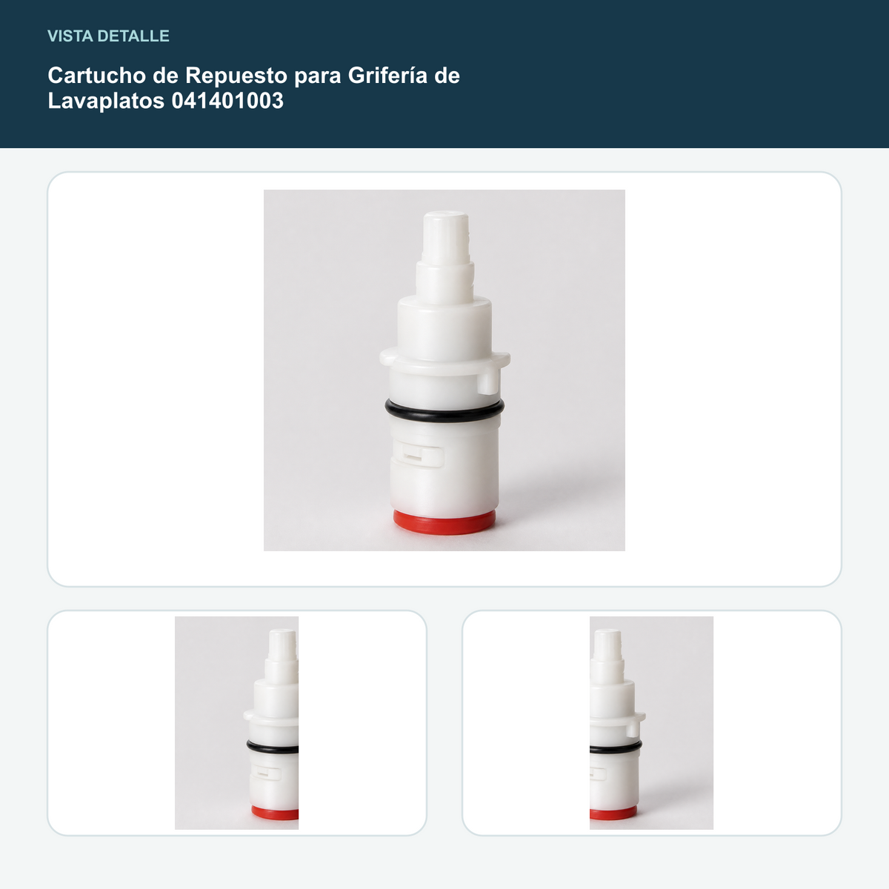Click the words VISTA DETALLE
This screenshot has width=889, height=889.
pyautogui.click(x=108, y=36)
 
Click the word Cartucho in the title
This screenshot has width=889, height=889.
pyautogui.click(x=97, y=76)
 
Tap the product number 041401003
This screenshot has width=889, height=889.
pyautogui.click(x=227, y=101)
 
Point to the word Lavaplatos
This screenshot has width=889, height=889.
pyautogui.click(x=106, y=101)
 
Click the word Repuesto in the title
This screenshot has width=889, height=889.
pyautogui.click(x=236, y=76)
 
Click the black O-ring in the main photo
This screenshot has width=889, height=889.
pyautogui.click(x=444, y=411)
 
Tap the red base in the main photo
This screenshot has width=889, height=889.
pyautogui.click(x=444, y=522)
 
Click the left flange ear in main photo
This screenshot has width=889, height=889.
pyautogui.click(x=387, y=358)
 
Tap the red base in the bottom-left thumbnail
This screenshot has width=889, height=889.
pyautogui.click(x=275, y=813)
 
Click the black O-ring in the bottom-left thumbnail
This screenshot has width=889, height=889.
pyautogui.click(x=272, y=748)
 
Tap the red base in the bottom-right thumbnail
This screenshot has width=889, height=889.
pyautogui.click(x=613, y=813)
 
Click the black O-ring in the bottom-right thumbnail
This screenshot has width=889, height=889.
pyautogui.click(x=616, y=748)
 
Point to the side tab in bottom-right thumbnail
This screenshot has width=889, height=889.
pyautogui.click(x=633, y=729)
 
